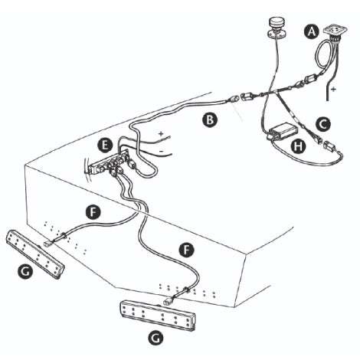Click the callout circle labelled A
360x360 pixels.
tap(310, 31)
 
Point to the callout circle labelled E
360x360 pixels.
tap(106, 143)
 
